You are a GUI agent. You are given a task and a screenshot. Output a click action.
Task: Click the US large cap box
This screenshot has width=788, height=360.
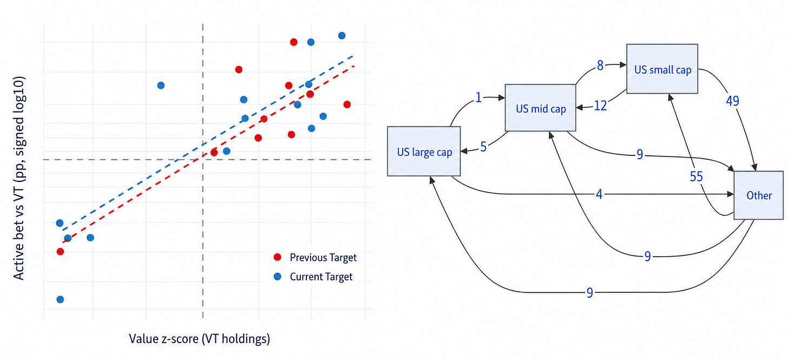tap(424, 152)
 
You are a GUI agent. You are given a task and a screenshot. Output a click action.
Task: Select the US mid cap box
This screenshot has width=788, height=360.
tap(540, 108)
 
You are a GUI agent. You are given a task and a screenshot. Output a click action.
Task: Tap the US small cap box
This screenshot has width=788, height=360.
tap(662, 69)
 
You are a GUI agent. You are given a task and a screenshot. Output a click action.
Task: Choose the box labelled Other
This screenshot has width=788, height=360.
tap(758, 195)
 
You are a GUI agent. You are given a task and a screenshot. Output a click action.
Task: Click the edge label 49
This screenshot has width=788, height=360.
tap(732, 101)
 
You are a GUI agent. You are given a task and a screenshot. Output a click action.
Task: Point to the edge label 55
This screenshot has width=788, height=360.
tap(696, 176)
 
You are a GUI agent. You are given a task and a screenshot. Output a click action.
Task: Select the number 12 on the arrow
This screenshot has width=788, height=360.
tap(601, 106)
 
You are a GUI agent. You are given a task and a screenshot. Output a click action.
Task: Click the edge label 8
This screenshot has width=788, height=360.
tap(600, 66)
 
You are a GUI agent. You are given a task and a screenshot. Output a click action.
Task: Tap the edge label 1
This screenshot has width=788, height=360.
tap(478, 97)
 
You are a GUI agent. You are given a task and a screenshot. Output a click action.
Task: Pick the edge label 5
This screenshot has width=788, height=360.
tap(483, 147)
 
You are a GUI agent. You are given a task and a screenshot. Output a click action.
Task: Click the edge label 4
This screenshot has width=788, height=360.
tap(599, 194)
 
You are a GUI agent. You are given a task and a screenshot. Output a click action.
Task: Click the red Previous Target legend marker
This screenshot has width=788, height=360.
tap(278, 257)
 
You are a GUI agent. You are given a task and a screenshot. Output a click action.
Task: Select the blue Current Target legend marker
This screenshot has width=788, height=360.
tap(278, 276)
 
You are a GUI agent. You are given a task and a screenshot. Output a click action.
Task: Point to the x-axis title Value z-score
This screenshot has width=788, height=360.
tap(200, 338)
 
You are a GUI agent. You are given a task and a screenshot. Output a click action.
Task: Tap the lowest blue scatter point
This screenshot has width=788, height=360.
tap(60, 299)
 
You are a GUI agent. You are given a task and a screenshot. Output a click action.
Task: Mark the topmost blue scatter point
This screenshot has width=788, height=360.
tap(342, 36)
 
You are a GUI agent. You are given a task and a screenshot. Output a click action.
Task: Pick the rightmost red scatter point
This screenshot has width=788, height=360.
tap(347, 104)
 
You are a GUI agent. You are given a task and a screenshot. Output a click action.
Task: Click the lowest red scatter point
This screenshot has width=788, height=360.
tap(60, 252)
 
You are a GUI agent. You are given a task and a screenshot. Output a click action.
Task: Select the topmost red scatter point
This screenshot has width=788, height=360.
tap(294, 42)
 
